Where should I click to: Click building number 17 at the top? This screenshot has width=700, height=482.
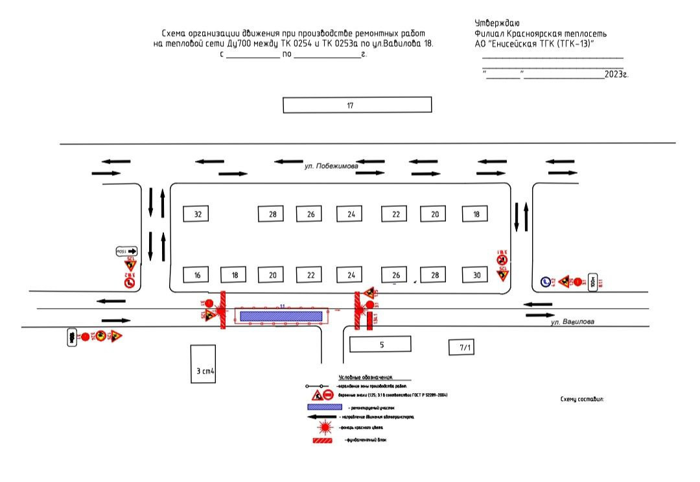357,104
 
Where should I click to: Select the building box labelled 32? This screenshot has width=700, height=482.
197,214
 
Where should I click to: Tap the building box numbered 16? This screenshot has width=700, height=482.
197,275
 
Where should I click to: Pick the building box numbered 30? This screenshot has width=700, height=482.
476,275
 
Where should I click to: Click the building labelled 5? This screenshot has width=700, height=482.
381,344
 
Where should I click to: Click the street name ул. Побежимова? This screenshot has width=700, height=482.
331,167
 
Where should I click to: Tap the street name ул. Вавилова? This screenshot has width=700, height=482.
572,322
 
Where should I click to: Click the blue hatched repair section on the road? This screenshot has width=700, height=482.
281,316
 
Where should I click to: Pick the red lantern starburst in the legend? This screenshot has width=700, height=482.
325,428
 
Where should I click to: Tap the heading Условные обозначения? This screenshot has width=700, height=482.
366,378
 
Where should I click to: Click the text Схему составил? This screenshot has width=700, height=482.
581,400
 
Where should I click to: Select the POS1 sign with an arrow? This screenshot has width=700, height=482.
127,251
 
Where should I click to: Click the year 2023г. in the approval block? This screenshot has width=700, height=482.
616,75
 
